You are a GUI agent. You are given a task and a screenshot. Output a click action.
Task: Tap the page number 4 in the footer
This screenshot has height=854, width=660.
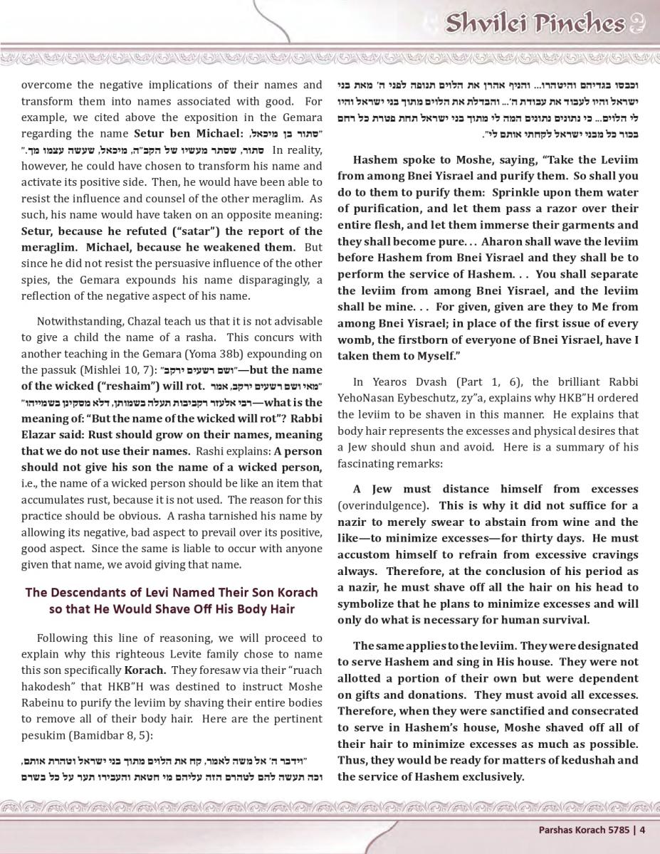[x=642, y=828]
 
